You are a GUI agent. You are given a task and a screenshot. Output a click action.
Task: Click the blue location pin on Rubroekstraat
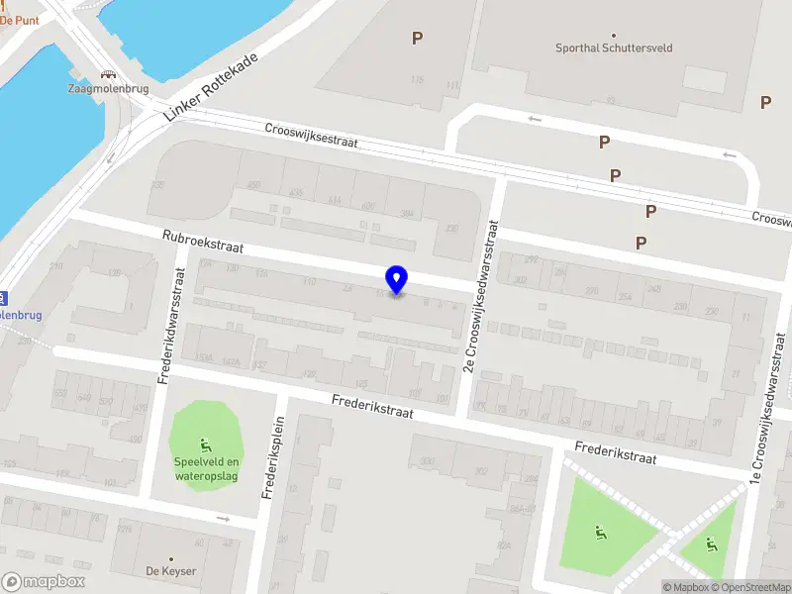(x=397, y=279)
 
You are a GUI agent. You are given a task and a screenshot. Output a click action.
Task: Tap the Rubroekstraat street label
(x=203, y=242)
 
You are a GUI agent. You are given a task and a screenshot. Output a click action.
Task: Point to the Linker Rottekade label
(x=210, y=89)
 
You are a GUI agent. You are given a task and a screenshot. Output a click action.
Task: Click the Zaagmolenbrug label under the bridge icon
(x=107, y=88)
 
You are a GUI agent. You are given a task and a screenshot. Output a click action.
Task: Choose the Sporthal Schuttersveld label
(x=613, y=48)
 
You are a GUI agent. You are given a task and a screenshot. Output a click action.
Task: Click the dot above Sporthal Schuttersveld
(x=613, y=35)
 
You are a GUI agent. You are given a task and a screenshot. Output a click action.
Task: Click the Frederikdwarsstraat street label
(x=167, y=325)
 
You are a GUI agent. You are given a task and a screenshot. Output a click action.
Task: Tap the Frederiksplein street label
(x=267, y=460)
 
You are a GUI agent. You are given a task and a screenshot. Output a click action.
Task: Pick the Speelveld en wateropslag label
(x=207, y=468)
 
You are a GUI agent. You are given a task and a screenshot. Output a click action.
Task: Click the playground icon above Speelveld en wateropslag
(x=207, y=444)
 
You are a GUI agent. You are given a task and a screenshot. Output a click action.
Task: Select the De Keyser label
(x=171, y=571)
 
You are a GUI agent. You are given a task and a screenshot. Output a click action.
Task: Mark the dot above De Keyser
(x=171, y=558)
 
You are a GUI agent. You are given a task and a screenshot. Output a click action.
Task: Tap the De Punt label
(x=20, y=19)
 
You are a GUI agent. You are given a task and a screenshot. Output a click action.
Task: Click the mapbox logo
(x=44, y=582)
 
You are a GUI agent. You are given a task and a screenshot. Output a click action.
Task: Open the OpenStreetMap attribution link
(x=749, y=587)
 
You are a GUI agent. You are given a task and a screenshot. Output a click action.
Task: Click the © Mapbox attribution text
(x=686, y=587)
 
